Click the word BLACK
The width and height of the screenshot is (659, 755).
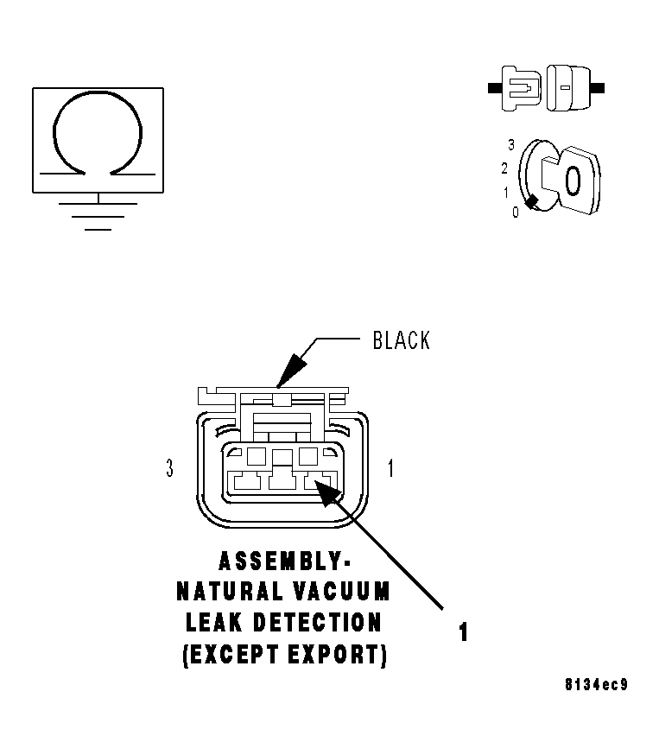coord(402,340)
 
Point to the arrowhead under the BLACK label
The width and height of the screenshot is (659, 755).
coord(291,371)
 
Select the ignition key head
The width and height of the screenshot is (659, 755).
coord(580,180)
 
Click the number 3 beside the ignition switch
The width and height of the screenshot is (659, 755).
coord(511,144)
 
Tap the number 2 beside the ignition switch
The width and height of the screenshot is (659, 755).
coord(504,168)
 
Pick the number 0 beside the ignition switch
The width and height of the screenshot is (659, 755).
coord(516,212)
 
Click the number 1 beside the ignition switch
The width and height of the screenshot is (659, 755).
coord(506,193)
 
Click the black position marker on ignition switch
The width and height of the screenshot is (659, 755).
coord(531,202)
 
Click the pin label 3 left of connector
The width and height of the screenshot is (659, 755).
coord(169,468)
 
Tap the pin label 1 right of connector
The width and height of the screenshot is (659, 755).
coord(391,468)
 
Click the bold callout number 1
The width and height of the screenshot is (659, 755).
coord(463,632)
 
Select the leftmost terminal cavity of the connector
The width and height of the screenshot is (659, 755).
coord(247,481)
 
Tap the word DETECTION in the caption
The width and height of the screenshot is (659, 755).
coord(317,623)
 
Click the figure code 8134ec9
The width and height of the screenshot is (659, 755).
coord(597,684)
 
